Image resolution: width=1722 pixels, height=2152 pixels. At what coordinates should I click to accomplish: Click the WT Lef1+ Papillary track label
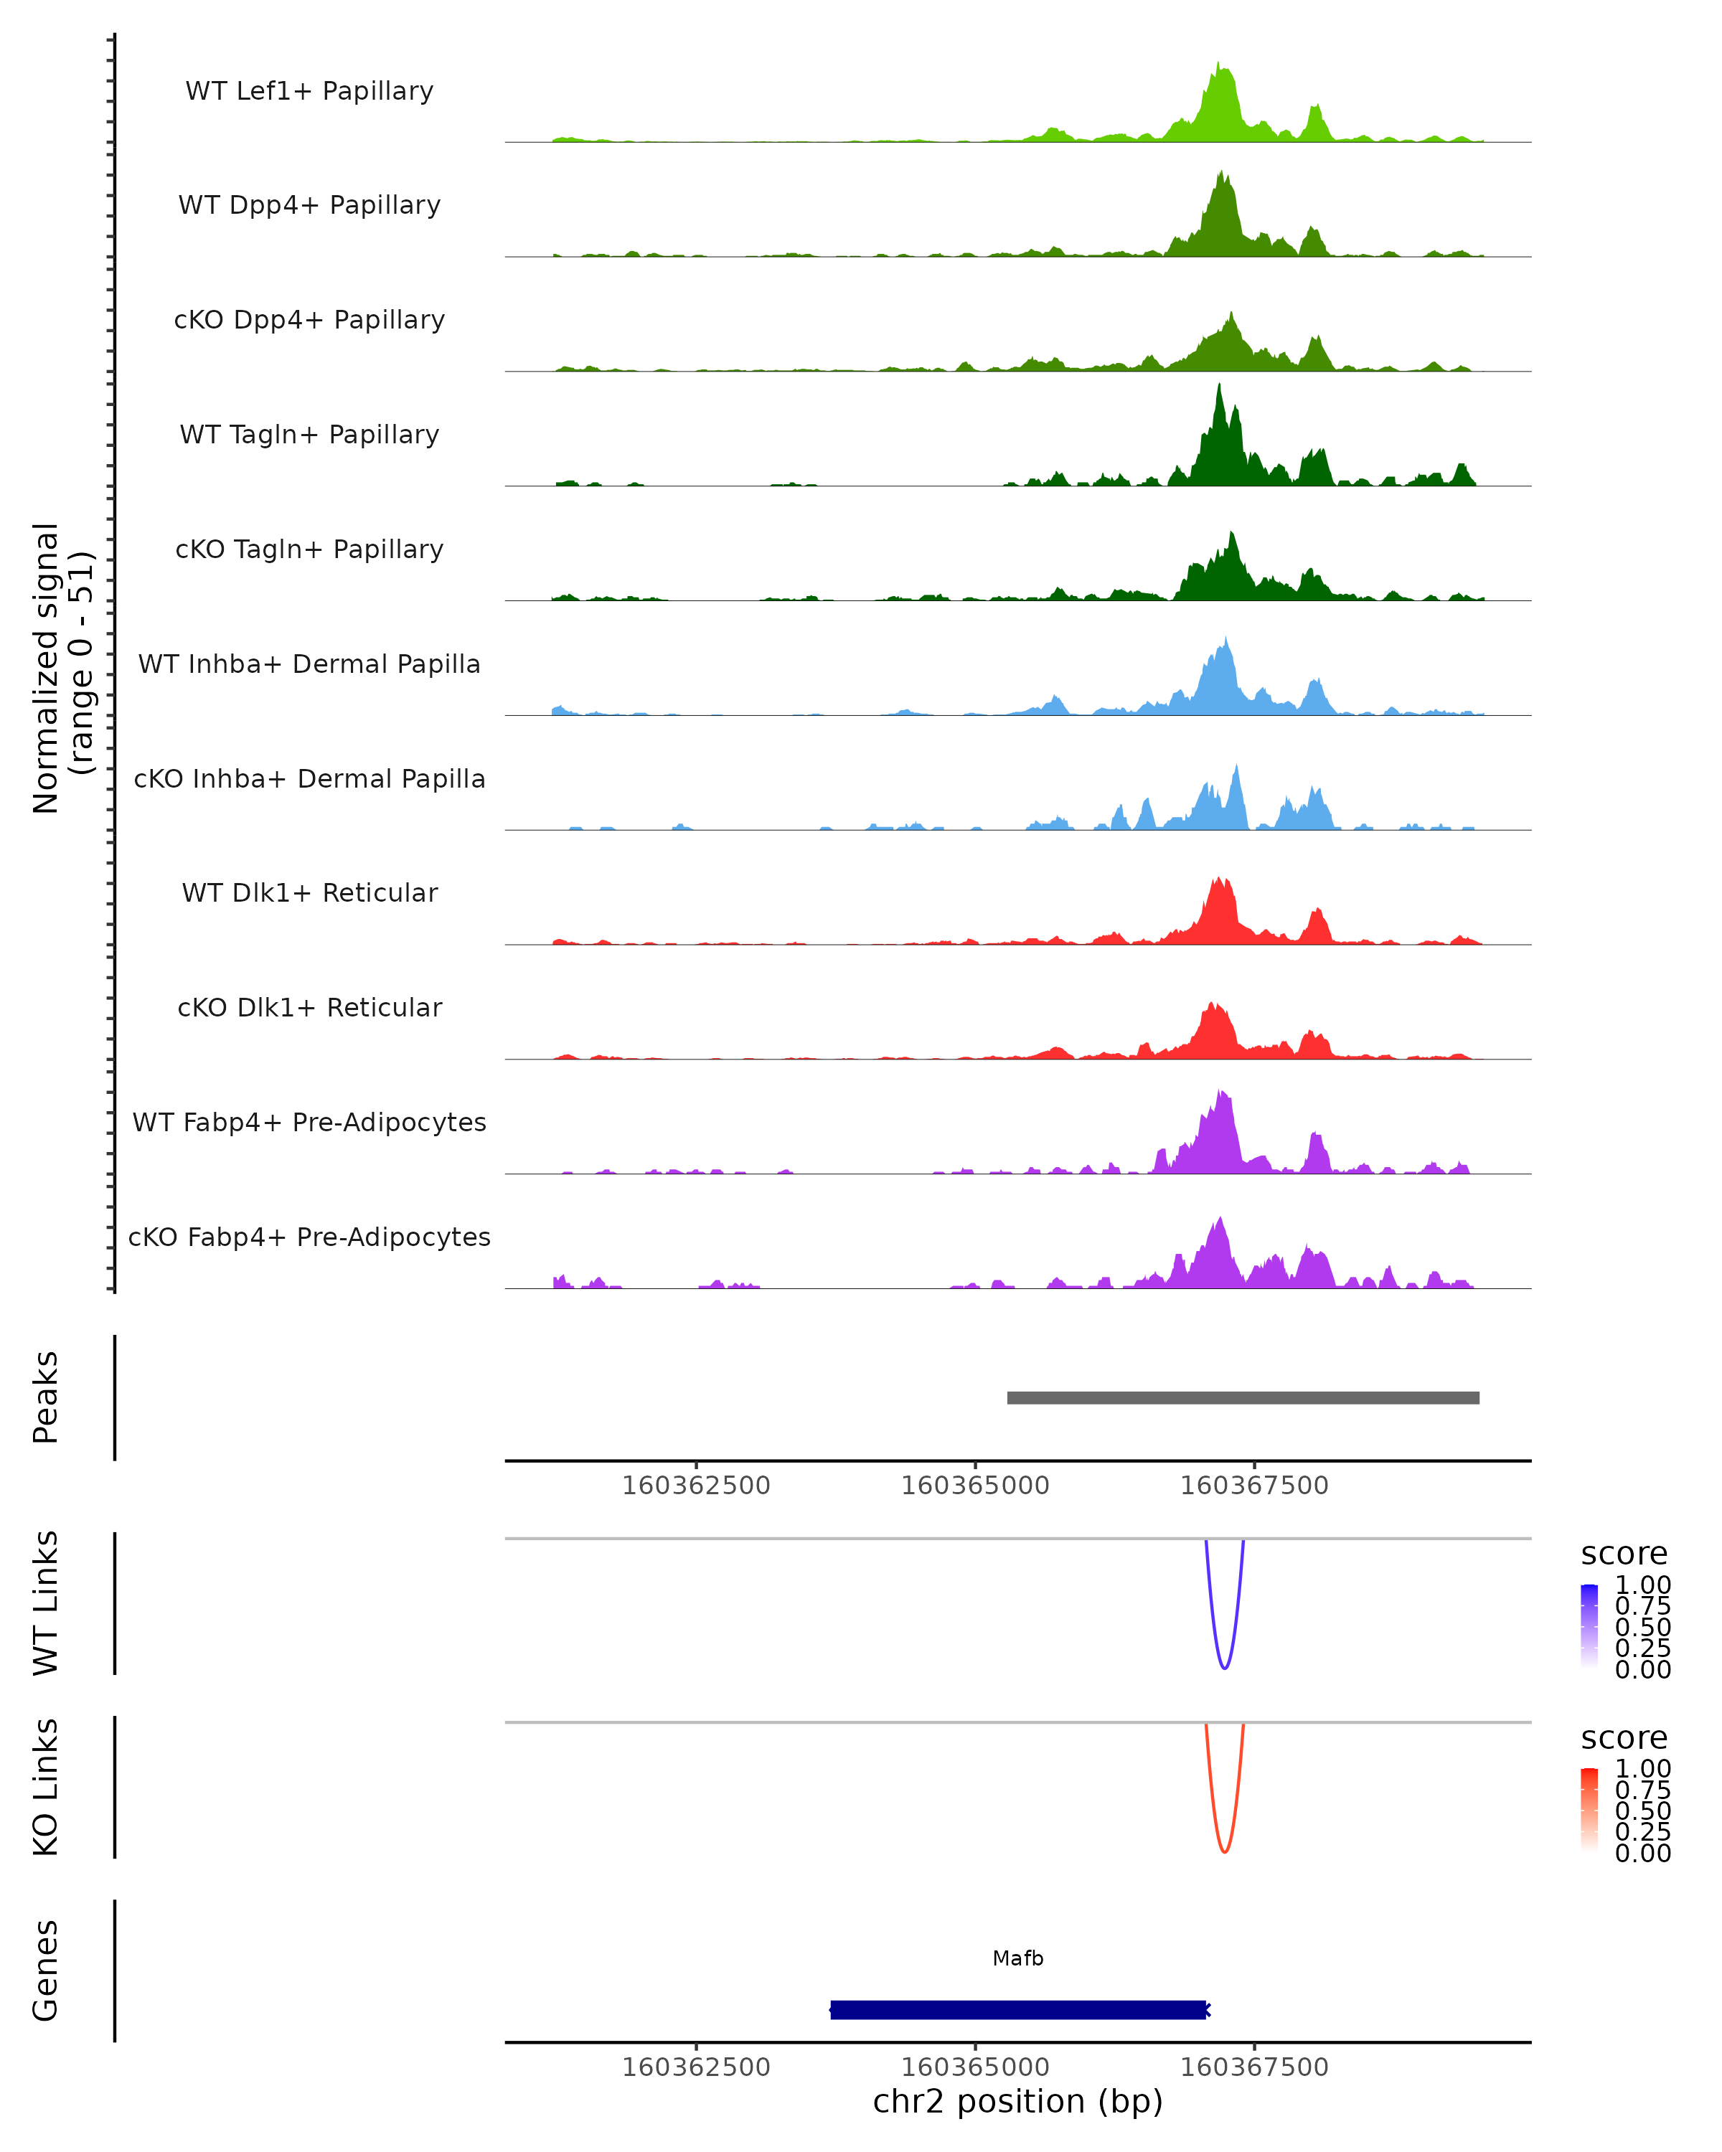[309, 91]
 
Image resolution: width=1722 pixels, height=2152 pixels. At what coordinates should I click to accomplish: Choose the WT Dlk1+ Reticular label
[309, 892]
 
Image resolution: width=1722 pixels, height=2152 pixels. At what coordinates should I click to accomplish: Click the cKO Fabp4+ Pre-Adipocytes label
[309, 1237]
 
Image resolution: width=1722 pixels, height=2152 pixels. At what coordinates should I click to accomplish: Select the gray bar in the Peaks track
[1243, 1397]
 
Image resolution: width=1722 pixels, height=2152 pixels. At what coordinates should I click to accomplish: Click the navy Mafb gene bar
[1018, 2009]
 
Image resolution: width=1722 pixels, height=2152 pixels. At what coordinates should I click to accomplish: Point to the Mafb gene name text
[1018, 1958]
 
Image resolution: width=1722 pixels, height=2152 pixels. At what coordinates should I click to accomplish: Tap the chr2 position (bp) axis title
[1018, 2101]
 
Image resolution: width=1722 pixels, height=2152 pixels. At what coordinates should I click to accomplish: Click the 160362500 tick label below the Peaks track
[696, 1486]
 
